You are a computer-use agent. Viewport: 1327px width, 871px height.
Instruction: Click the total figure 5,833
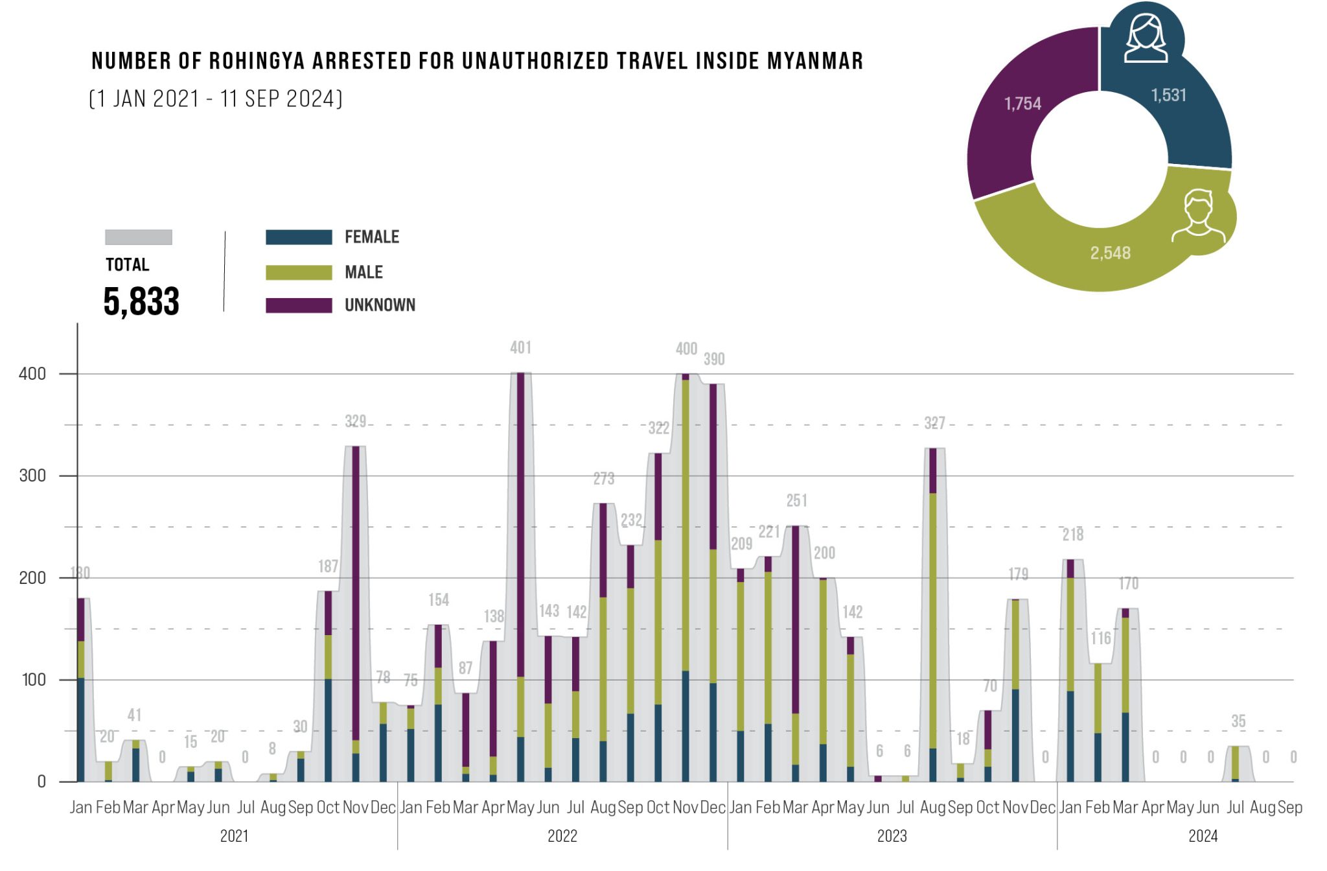tap(141, 301)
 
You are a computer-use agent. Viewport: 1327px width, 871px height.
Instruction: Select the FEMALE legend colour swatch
tap(299, 237)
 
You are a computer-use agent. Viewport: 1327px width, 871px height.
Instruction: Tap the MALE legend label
tap(363, 272)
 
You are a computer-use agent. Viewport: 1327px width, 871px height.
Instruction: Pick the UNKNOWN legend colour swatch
tap(299, 305)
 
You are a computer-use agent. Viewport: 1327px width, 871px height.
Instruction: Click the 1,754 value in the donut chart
tap(1022, 104)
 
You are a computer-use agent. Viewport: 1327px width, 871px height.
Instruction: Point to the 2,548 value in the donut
tap(1110, 253)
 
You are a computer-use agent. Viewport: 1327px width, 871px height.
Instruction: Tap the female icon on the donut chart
tap(1146, 39)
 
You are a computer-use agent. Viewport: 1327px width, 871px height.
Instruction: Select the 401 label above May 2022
tap(520, 348)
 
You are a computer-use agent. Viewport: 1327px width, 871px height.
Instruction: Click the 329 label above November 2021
tap(355, 422)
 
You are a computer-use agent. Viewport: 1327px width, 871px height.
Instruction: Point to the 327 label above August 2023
tap(934, 423)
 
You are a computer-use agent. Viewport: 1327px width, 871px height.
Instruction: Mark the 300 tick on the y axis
tap(32, 476)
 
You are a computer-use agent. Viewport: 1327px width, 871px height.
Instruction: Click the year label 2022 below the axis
tap(562, 836)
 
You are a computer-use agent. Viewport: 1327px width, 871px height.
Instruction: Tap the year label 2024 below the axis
tap(1203, 836)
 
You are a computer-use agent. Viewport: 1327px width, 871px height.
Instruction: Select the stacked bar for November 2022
tap(686, 577)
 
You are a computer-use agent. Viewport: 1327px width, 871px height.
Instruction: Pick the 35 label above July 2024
tap(1238, 721)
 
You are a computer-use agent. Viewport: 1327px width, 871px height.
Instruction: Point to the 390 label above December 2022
tap(714, 360)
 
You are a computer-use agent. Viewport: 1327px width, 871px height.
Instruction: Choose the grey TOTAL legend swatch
tap(139, 237)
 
